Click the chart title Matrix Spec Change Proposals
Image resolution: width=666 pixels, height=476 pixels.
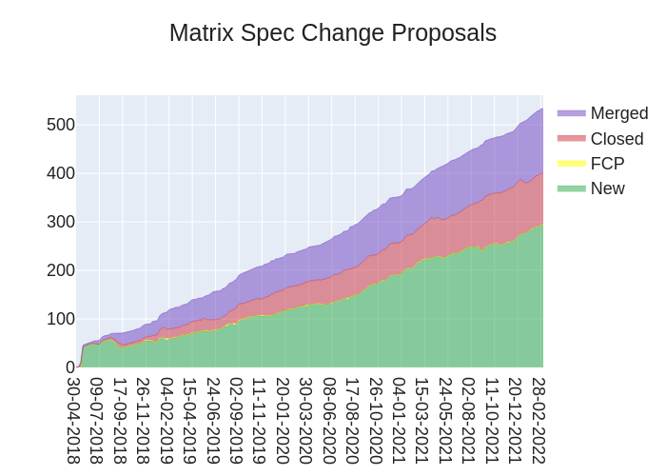[333, 33]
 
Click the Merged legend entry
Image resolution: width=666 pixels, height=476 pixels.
[618, 113]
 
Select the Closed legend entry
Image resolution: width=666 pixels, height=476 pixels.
[617, 139]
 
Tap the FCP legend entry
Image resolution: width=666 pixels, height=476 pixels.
[607, 164]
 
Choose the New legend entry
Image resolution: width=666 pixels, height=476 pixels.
[607, 188]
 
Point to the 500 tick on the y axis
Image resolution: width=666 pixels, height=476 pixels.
[60, 125]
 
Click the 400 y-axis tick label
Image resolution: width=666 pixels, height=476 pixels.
[60, 173]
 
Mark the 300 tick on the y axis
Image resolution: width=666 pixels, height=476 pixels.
[60, 222]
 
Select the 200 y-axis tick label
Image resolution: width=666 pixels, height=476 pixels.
[60, 270]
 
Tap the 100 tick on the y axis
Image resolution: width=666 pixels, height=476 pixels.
[60, 319]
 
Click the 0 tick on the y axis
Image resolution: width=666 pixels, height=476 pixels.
[69, 367]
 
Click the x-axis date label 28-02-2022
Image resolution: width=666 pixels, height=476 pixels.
[539, 420]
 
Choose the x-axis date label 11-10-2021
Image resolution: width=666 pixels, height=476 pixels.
[492, 420]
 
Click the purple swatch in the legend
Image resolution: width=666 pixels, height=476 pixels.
[571, 113]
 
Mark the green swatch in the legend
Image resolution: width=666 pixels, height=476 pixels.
[571, 188]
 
